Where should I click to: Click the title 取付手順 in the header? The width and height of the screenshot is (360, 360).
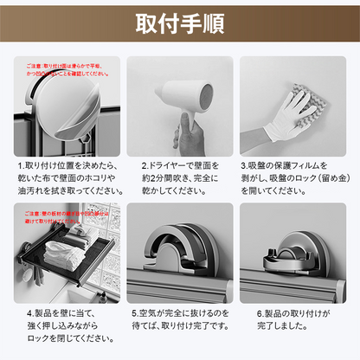tap(180, 23)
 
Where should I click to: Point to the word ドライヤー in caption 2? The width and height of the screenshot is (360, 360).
tap(164, 164)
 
